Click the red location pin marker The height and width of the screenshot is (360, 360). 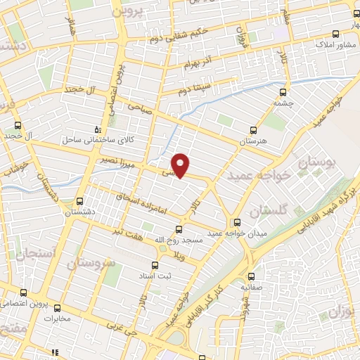tap(181, 165)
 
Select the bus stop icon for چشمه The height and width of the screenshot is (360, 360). tap(283, 91)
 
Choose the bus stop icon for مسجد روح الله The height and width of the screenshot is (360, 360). tap(178, 229)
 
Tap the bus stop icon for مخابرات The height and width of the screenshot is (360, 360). tap(57, 307)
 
